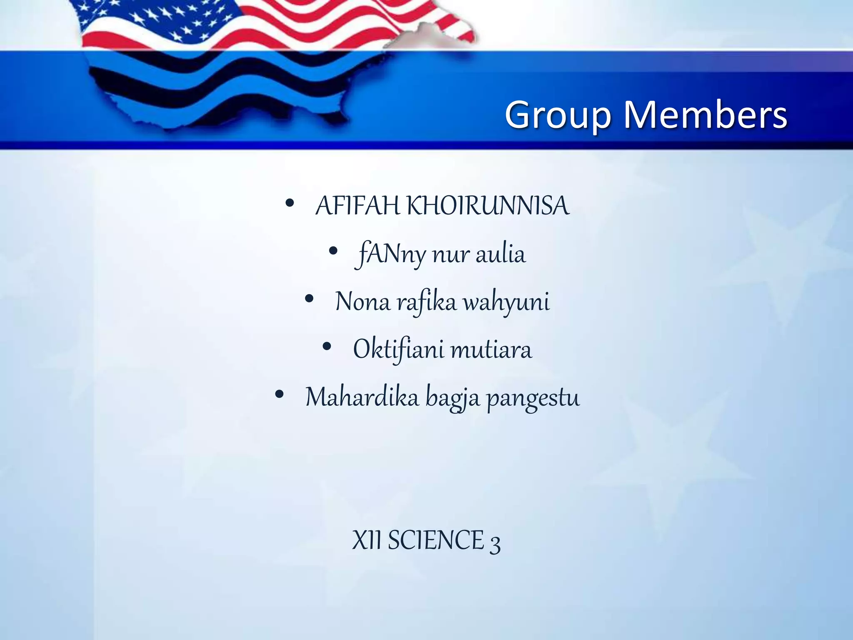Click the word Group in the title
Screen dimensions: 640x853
[x=558, y=115]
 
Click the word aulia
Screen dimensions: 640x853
[x=500, y=254]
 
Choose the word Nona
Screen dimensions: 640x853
[x=362, y=302]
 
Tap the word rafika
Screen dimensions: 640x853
[x=426, y=302]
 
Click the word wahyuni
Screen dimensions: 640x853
[x=506, y=302]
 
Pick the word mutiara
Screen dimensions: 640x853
[x=491, y=350]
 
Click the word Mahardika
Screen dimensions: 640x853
[x=362, y=397]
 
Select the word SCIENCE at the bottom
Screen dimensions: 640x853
[x=436, y=540]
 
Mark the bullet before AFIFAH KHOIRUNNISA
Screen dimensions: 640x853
[x=290, y=204]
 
